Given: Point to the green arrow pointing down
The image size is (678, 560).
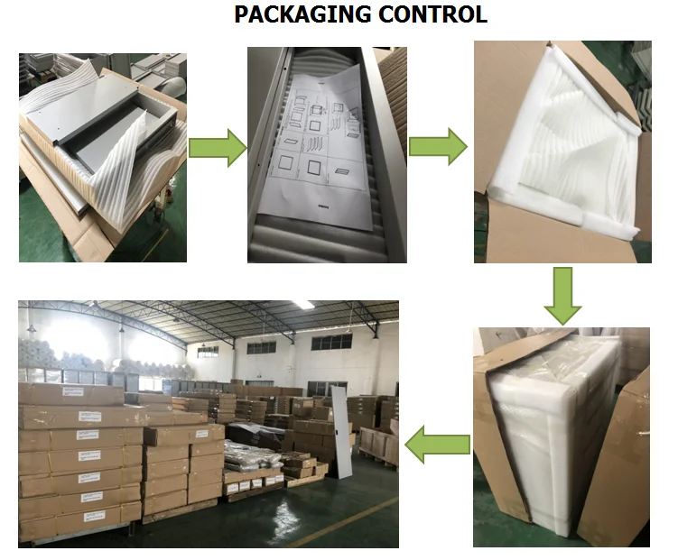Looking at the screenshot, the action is pyautogui.click(x=562, y=294).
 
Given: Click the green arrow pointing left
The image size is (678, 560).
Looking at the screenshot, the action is pyautogui.click(x=438, y=444).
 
